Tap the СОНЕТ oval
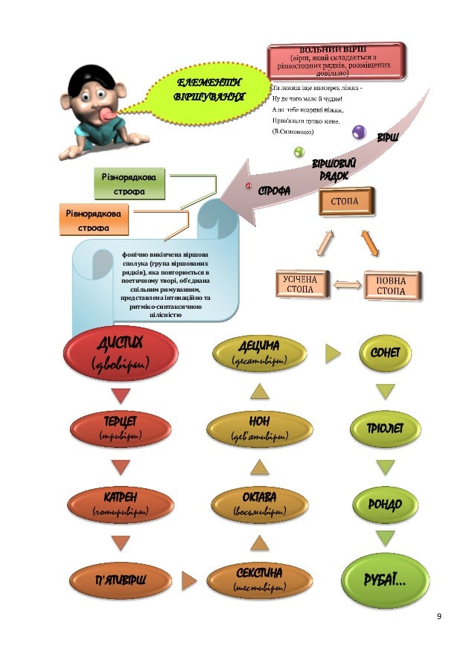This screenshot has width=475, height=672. point(384,352)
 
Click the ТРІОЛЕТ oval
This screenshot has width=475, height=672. point(384,428)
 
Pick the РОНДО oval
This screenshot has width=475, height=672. point(384,504)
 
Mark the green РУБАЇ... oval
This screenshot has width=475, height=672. point(384,580)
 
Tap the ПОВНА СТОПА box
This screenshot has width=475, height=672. point(392,286)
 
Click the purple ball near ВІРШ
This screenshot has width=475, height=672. point(360,132)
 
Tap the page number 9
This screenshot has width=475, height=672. point(439,617)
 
